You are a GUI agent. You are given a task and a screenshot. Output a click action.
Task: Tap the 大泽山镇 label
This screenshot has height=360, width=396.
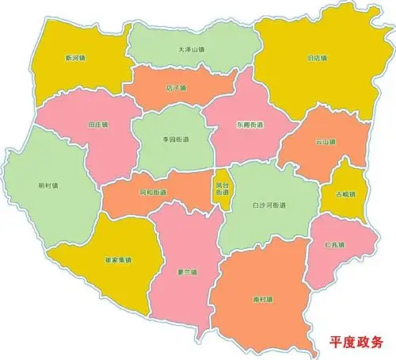(x=192, y=49)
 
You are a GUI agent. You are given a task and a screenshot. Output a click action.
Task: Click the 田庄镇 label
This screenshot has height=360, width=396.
(x=97, y=125)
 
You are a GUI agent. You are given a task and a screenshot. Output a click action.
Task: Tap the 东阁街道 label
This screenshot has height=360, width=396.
(x=250, y=124)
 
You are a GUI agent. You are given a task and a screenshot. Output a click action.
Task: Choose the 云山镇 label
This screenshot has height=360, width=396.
(x=326, y=143)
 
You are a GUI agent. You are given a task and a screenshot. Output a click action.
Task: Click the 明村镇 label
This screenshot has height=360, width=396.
(x=48, y=186)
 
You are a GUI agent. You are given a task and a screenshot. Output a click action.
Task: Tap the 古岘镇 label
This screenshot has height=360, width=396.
(x=346, y=194)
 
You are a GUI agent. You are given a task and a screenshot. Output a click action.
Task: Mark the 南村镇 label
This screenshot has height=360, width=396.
(x=263, y=300)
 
